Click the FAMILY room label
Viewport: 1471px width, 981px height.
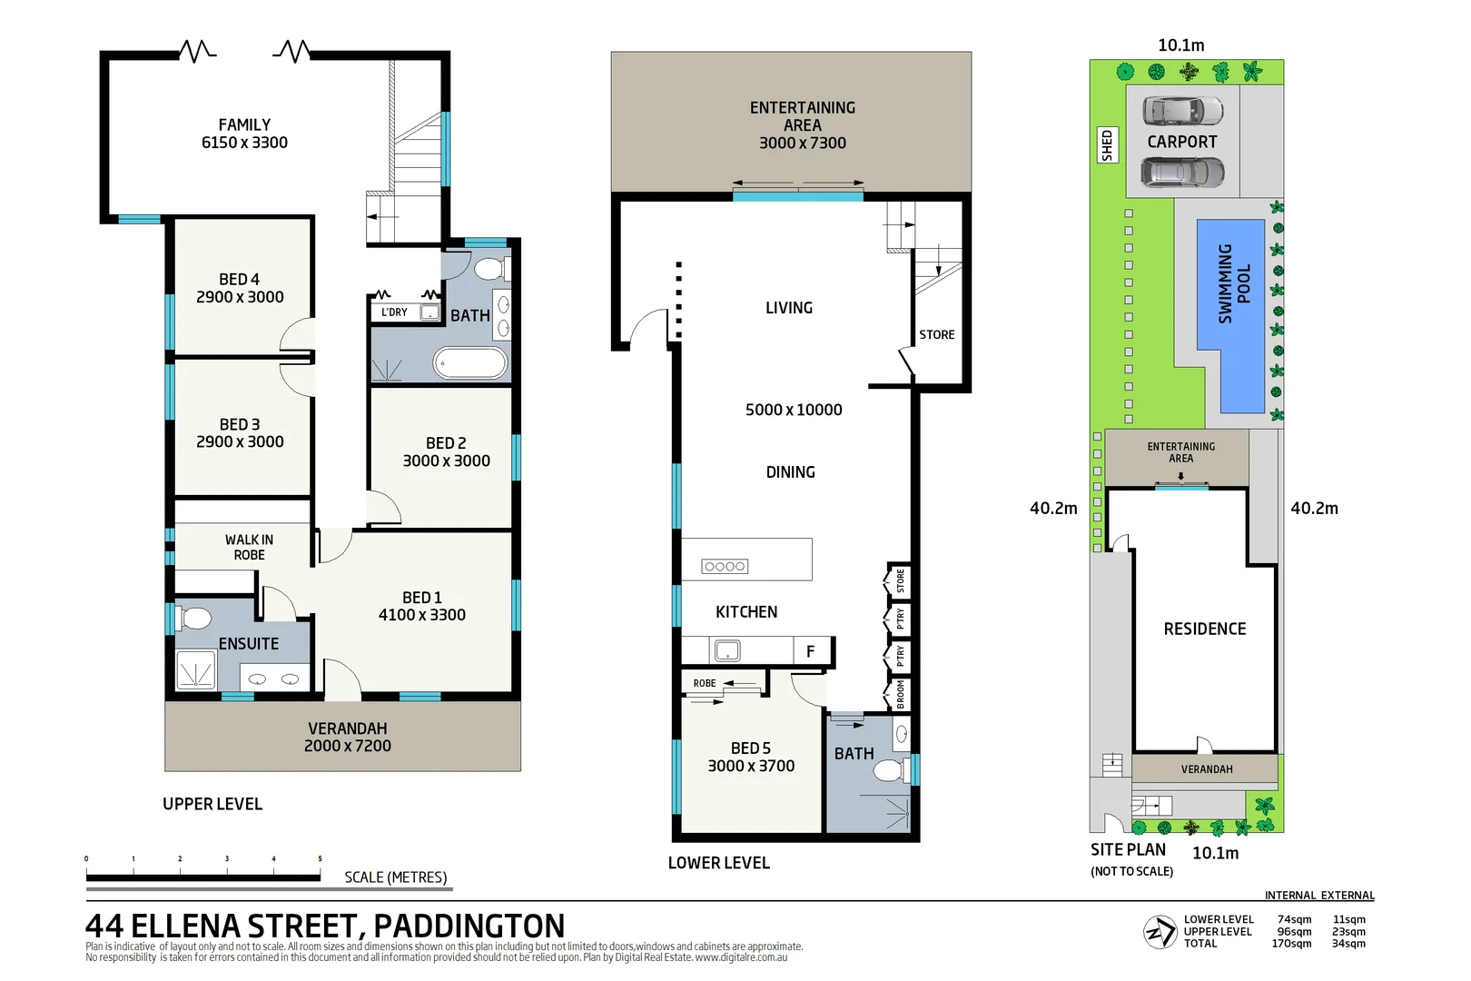(x=244, y=125)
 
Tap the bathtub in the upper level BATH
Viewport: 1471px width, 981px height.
(x=469, y=363)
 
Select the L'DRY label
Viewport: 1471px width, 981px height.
(x=394, y=312)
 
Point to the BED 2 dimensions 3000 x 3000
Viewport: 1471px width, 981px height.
(x=446, y=461)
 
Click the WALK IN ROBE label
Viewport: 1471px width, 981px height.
(x=249, y=547)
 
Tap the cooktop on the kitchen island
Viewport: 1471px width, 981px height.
(x=725, y=567)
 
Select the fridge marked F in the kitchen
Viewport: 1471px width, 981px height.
(x=811, y=651)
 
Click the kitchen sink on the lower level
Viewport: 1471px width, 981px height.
(x=727, y=650)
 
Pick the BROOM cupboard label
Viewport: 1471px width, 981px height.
(x=900, y=695)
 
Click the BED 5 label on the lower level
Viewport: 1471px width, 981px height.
(x=750, y=748)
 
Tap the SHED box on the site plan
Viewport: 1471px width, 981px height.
(x=1107, y=145)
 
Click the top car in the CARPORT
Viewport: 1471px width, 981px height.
(x=1182, y=111)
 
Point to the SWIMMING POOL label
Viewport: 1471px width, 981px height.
(x=1234, y=283)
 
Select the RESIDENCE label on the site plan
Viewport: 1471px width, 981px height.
(x=1204, y=629)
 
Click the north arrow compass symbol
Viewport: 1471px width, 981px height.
(x=1160, y=932)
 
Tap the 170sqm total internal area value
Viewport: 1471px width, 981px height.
(x=1291, y=944)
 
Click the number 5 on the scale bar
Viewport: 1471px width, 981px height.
(x=320, y=858)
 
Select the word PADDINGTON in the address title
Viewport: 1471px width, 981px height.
(x=469, y=926)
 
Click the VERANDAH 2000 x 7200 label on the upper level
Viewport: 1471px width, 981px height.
(x=347, y=738)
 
